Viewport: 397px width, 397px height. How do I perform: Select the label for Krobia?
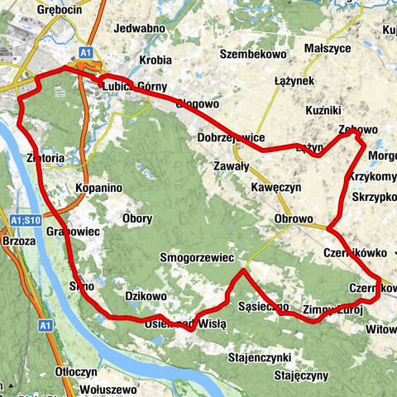point(155,60)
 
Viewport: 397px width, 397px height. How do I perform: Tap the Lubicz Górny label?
point(135,86)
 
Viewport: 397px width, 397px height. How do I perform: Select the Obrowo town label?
point(294,219)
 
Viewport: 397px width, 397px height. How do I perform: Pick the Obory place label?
point(137,219)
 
